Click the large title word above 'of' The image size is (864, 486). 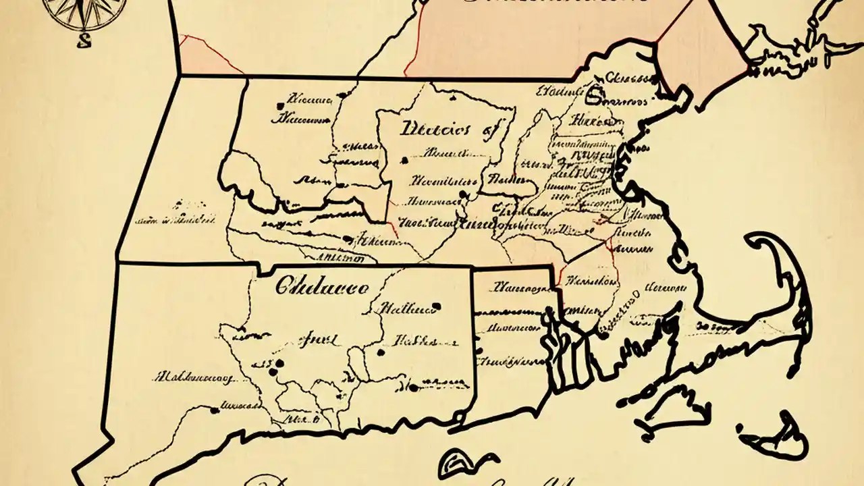(435, 129)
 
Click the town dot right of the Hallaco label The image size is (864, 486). (437, 306)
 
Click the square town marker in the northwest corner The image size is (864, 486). (279, 106)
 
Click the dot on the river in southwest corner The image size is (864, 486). (214, 410)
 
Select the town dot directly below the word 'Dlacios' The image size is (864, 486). (404, 161)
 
